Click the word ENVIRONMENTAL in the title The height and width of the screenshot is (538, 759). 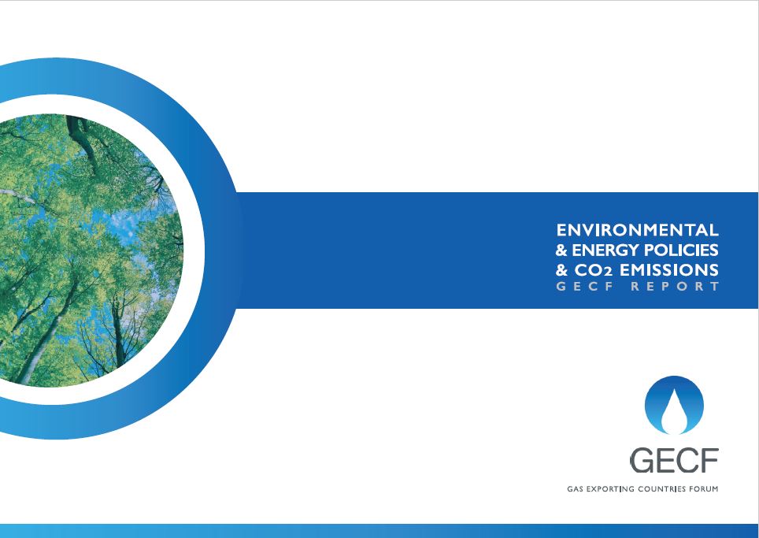click(x=637, y=230)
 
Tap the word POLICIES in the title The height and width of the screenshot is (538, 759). click(x=682, y=250)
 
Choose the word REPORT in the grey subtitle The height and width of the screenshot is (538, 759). click(x=676, y=287)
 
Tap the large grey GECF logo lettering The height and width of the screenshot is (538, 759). click(x=674, y=459)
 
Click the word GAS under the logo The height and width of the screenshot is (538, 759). click(x=576, y=489)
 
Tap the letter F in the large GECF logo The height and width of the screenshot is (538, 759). click(x=709, y=459)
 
